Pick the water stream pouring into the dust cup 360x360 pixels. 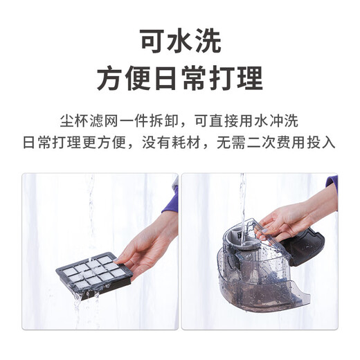coord(242,197)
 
